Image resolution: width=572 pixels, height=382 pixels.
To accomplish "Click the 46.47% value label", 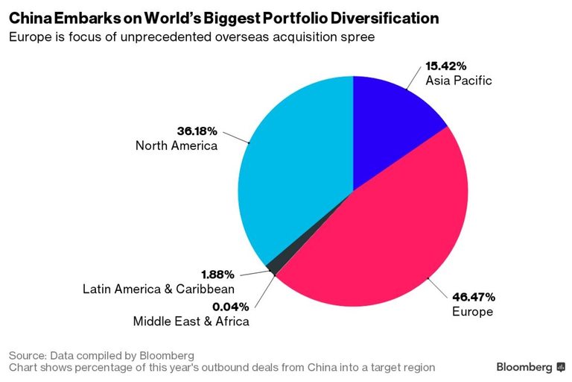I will (x=473, y=297).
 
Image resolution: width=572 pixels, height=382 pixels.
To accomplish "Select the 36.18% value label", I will (x=197, y=131).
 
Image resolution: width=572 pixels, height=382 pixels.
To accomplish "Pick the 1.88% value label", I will (x=217, y=275).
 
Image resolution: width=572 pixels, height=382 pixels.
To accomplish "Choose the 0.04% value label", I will (x=229, y=307).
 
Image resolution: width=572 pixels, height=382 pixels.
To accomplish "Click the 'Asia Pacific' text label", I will (x=458, y=80).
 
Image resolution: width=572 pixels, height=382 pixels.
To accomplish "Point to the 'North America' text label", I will (x=177, y=145).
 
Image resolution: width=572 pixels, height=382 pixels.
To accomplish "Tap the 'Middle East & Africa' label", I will (x=191, y=322).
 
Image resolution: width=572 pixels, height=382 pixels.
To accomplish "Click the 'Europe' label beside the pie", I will (x=472, y=311).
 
